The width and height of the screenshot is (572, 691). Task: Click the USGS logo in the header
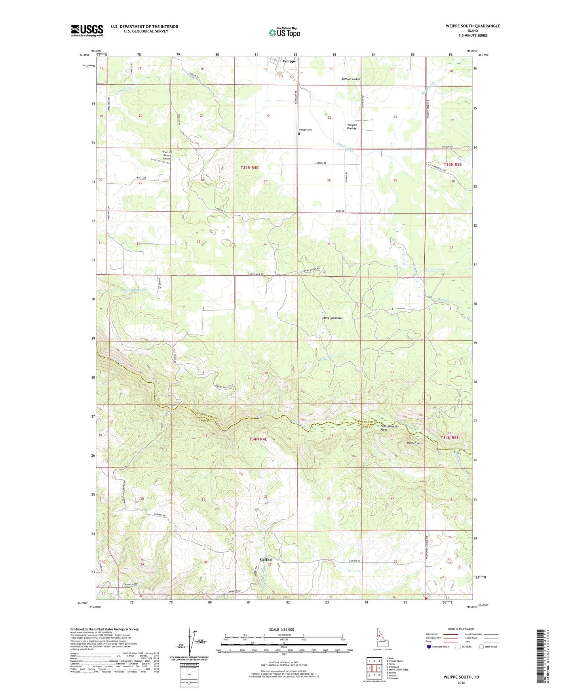tap(87, 30)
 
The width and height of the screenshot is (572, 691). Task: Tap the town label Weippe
tap(289, 61)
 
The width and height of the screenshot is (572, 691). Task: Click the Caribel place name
tap(266, 560)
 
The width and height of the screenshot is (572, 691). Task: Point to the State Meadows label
tap(332, 318)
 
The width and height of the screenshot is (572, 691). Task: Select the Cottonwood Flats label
tap(388, 428)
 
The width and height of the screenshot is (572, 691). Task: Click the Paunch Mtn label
tap(414, 443)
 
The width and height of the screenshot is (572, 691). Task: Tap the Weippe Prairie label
tap(352, 127)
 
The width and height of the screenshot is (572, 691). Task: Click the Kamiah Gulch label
tap(351, 79)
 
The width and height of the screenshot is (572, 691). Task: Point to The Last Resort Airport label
tap(167, 155)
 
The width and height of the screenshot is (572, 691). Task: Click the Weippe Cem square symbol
tap(299, 134)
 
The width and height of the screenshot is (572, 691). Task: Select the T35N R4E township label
tap(249, 168)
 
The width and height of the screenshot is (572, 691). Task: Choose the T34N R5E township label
tap(449, 437)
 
